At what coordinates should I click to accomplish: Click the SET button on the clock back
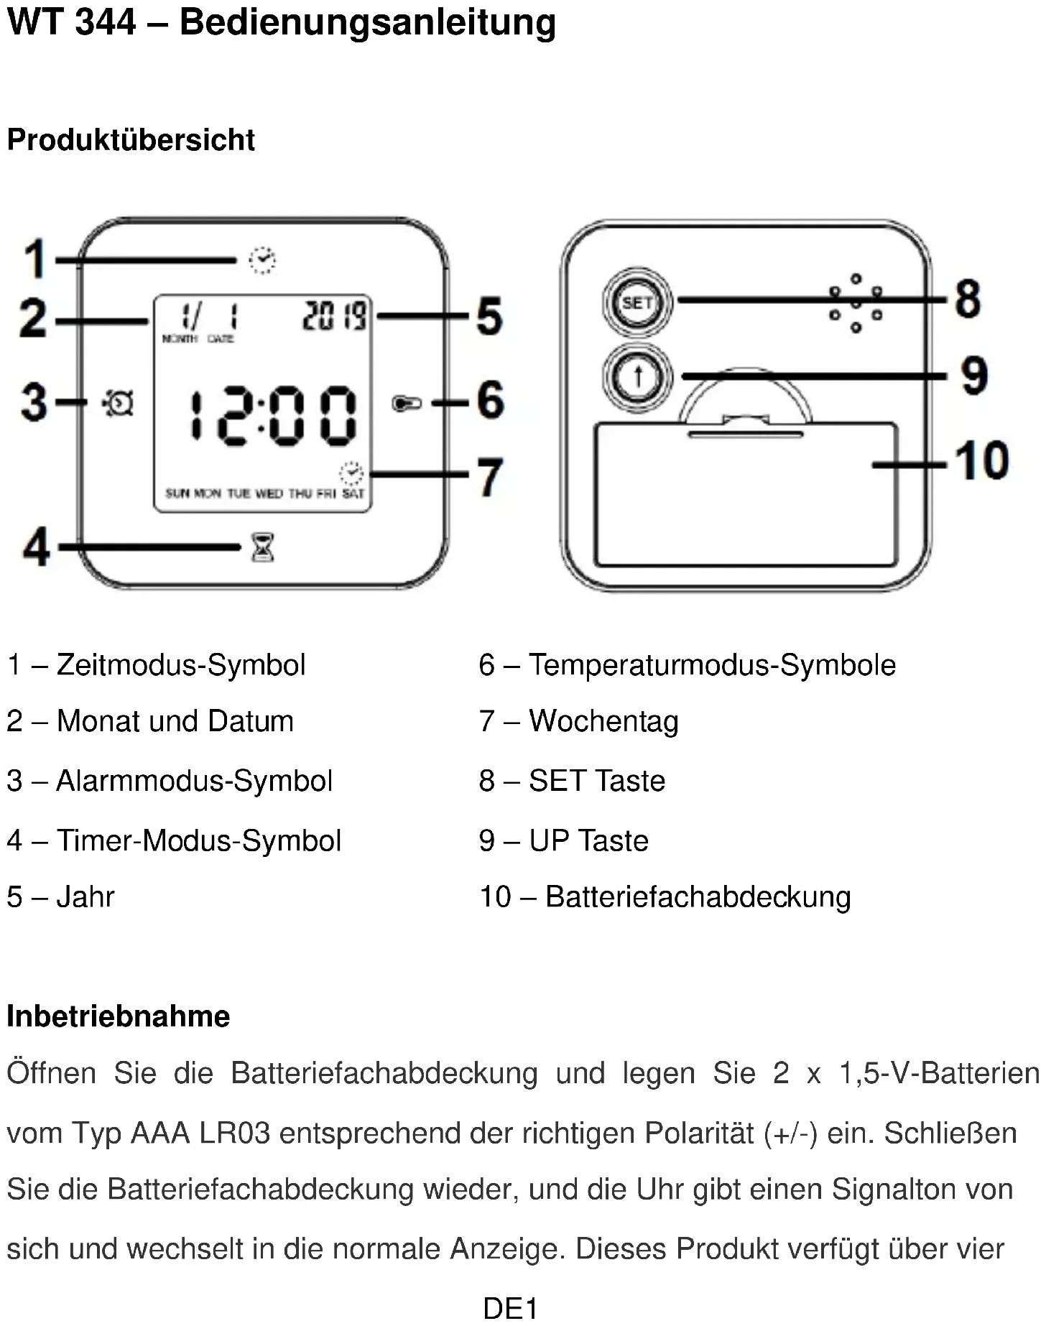pyautogui.click(x=637, y=302)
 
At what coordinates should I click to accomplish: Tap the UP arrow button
pyautogui.click(x=637, y=376)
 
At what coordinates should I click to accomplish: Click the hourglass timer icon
pyautogui.click(x=262, y=548)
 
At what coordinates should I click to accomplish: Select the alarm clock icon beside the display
pyautogui.click(x=118, y=403)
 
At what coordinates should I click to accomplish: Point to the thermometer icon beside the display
pyautogui.click(x=407, y=404)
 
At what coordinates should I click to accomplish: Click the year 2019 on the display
pyautogui.click(x=334, y=316)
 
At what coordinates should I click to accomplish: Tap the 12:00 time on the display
pyautogui.click(x=273, y=415)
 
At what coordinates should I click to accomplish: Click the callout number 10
pyautogui.click(x=981, y=460)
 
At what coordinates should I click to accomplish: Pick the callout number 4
pyautogui.click(x=37, y=548)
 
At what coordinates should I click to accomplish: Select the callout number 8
pyautogui.click(x=968, y=299)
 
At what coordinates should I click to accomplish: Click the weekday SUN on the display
pyautogui.click(x=177, y=493)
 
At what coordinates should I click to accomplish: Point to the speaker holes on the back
pyautogui.click(x=856, y=303)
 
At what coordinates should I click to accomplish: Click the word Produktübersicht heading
pyautogui.click(x=131, y=140)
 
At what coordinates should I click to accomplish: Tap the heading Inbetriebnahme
pyautogui.click(x=119, y=1016)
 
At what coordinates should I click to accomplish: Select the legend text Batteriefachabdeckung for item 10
pyautogui.click(x=698, y=897)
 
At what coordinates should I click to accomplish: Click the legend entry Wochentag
pyautogui.click(x=603, y=721)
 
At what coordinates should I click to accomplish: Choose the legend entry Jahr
pyautogui.click(x=85, y=897)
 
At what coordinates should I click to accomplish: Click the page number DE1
pyautogui.click(x=510, y=1308)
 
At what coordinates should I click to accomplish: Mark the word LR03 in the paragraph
pyautogui.click(x=234, y=1133)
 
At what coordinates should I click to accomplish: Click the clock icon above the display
pyautogui.click(x=262, y=259)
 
